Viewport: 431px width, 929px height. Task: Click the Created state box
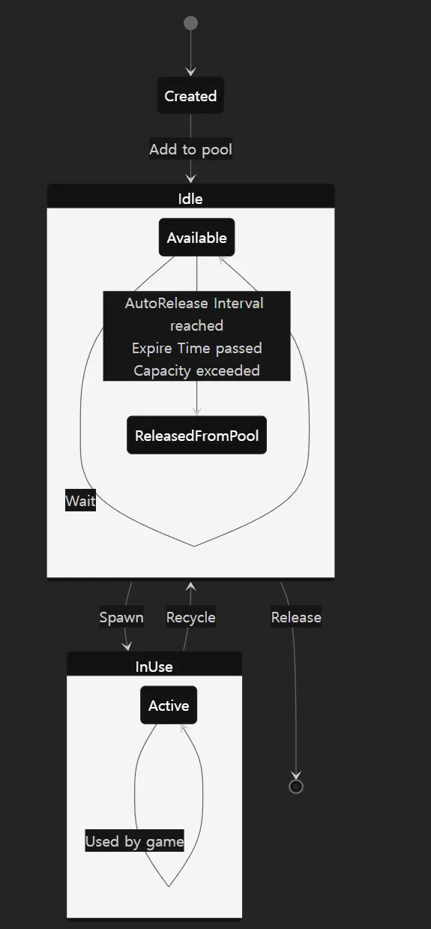[x=190, y=95]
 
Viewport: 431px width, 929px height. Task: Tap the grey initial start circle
[x=190, y=22]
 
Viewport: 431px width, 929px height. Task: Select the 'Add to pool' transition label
[x=190, y=149]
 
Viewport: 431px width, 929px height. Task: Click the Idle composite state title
[x=190, y=199]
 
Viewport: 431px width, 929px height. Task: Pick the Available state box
[x=197, y=237]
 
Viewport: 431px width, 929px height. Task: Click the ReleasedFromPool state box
[x=197, y=435]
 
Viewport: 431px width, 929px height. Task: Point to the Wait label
[x=80, y=500]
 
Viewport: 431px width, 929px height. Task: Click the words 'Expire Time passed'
[x=197, y=348]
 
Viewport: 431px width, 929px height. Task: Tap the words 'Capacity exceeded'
[x=197, y=370]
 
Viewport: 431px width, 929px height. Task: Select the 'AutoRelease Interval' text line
[x=194, y=303]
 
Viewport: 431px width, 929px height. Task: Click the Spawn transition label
[x=121, y=616]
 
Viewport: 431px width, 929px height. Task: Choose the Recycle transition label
[x=190, y=616]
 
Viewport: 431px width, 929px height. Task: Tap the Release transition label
[x=296, y=616]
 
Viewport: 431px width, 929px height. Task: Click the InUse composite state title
[x=154, y=667]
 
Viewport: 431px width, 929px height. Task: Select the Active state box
[x=169, y=705]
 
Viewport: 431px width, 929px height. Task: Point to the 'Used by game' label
[x=135, y=841]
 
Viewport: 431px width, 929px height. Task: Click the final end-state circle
[x=296, y=787]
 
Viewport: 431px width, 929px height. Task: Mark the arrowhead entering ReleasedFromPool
[x=197, y=412]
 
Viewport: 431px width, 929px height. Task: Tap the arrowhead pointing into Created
[x=190, y=72]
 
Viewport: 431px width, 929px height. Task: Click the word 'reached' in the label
[x=197, y=325]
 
